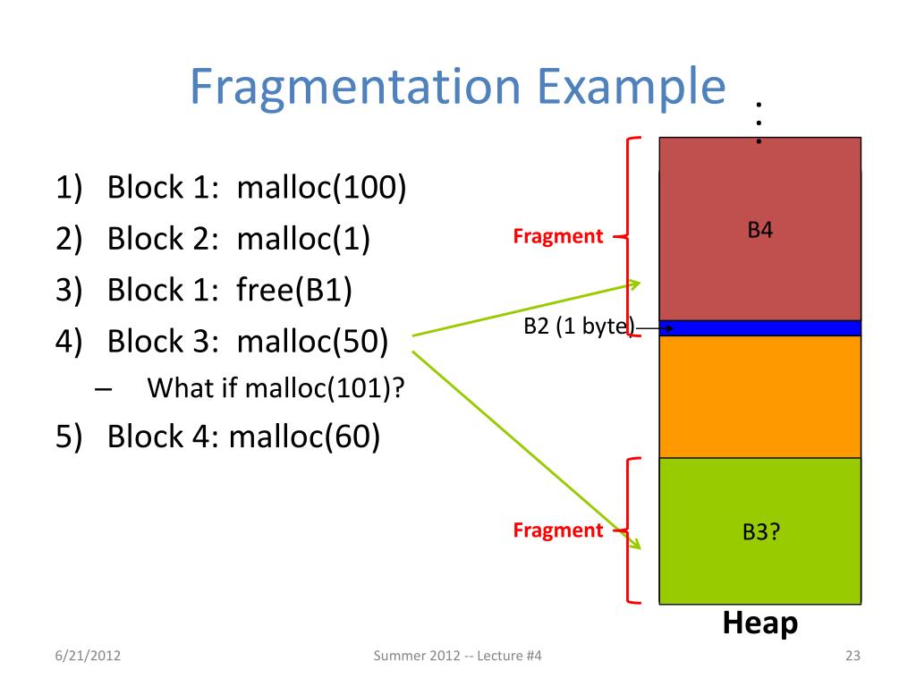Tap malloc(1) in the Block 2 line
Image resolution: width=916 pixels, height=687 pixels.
(303, 240)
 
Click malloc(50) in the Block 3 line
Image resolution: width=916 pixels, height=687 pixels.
(312, 342)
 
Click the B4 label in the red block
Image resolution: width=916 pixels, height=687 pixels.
(759, 231)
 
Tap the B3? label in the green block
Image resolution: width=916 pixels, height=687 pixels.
(760, 531)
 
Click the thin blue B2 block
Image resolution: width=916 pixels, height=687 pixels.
(760, 328)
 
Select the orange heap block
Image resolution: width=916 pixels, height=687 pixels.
(760, 396)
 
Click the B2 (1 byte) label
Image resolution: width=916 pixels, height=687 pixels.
(578, 327)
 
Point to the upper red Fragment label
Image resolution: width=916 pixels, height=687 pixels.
(558, 237)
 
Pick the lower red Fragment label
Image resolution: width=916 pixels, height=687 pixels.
(558, 530)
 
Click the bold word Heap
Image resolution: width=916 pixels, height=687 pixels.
(759, 623)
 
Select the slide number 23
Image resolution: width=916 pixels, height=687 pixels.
(852, 658)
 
